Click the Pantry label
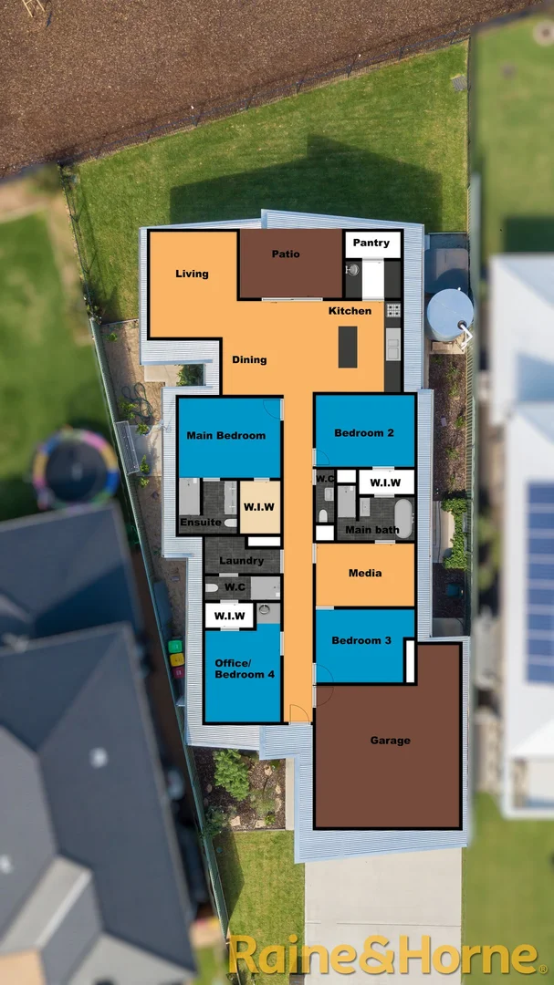tap(371, 243)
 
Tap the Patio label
tap(286, 254)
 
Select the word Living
tap(192, 274)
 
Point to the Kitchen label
tap(350, 311)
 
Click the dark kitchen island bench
tap(348, 347)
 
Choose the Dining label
tap(249, 359)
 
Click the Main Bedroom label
tap(226, 436)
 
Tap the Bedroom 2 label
tap(364, 432)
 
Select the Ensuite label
tap(199, 524)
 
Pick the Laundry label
tap(242, 561)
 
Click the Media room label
tap(365, 574)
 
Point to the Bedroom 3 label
tap(361, 640)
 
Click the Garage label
tap(390, 741)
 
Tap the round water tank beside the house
tap(449, 313)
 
